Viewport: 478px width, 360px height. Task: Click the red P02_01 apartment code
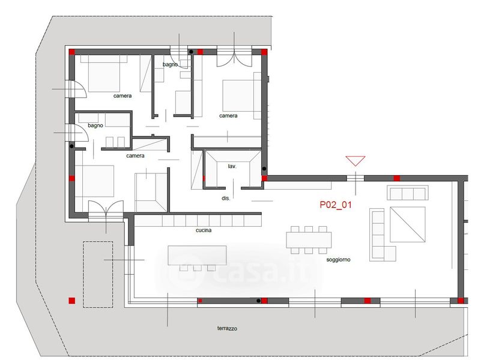click(x=335, y=205)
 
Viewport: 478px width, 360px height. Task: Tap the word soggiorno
click(x=338, y=260)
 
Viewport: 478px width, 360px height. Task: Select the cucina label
click(x=204, y=230)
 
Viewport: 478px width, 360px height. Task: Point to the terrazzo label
click(x=227, y=328)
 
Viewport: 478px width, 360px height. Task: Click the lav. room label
click(x=232, y=166)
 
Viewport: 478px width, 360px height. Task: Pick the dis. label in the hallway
click(x=226, y=198)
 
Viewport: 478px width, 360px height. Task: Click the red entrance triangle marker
click(x=355, y=161)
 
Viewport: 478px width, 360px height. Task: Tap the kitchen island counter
click(x=197, y=255)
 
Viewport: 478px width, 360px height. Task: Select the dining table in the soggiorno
click(x=309, y=240)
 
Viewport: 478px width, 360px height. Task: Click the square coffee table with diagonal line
click(x=408, y=224)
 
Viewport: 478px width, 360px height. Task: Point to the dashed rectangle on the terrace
click(x=98, y=274)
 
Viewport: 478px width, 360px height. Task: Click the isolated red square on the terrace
click(x=71, y=301)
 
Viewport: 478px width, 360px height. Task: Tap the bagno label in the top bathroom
click(x=170, y=65)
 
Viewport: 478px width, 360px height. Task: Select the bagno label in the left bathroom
click(x=95, y=125)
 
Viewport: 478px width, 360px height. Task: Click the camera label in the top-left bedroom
click(x=123, y=96)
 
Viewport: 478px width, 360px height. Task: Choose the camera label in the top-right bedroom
click(x=228, y=116)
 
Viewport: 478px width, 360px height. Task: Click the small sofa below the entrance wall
click(x=408, y=193)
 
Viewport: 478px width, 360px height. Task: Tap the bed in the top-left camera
click(x=104, y=73)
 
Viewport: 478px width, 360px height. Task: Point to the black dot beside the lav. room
click(x=264, y=169)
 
